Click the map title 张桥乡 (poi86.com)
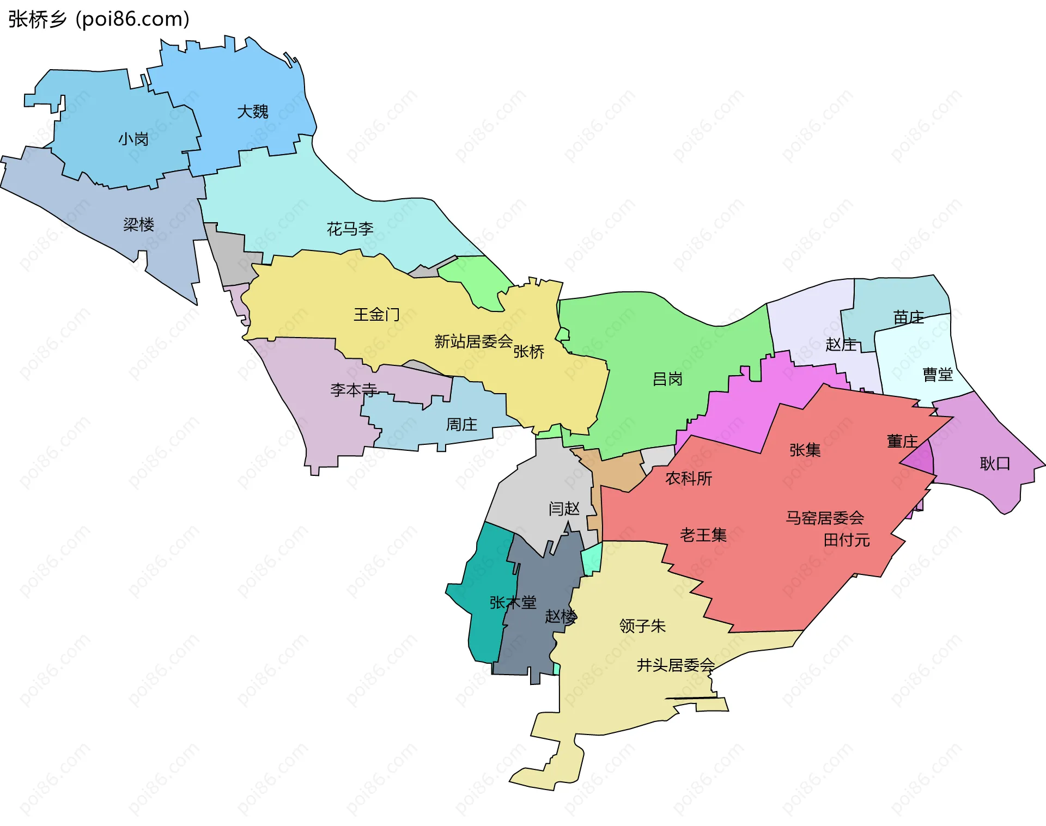click(x=99, y=19)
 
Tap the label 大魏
click(x=252, y=112)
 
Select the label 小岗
click(x=133, y=139)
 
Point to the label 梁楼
click(x=138, y=224)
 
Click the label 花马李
click(x=350, y=229)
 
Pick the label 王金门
click(x=376, y=314)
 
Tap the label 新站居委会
click(x=473, y=341)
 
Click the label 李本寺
click(x=354, y=390)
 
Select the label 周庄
click(x=461, y=424)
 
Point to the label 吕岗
click(x=667, y=379)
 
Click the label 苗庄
click(x=908, y=317)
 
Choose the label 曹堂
click(x=937, y=374)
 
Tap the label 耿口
click(x=995, y=463)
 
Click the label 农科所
click(x=689, y=478)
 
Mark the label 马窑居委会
click(x=824, y=517)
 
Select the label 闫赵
click(x=564, y=509)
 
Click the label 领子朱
click(x=642, y=626)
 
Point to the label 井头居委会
click(x=676, y=665)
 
